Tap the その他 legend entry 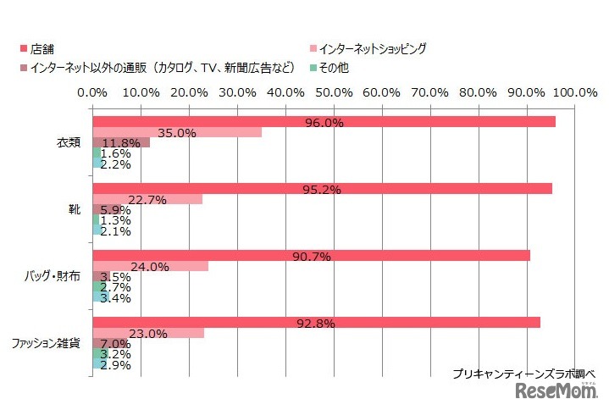(x=330, y=66)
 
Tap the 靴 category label (x=75, y=208)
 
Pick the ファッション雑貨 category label (x=47, y=343)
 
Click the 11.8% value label (x=120, y=142)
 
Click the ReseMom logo (x=554, y=391)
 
